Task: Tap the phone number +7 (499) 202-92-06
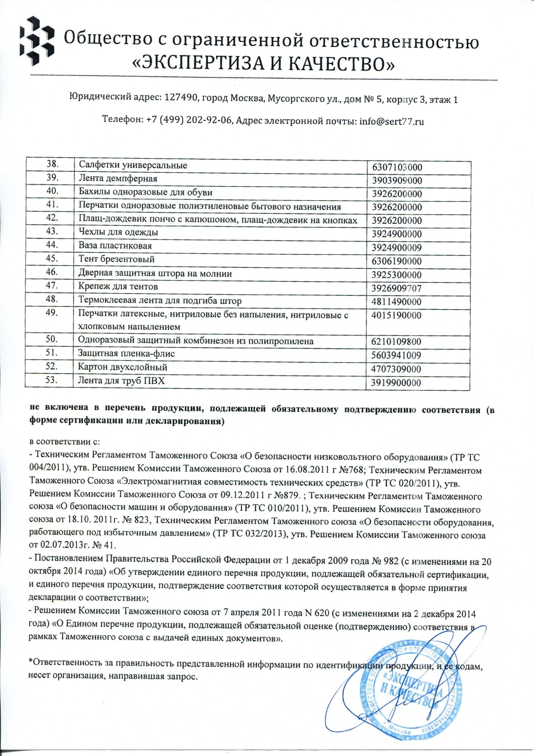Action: click(x=189, y=122)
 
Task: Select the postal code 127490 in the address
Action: click(x=180, y=99)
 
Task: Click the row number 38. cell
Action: click(x=53, y=164)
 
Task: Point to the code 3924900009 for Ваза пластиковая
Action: click(x=397, y=248)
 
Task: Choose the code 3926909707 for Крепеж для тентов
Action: click(x=397, y=288)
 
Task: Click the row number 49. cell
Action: click(x=53, y=313)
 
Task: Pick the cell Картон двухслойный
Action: click(x=123, y=367)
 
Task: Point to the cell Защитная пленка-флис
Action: click(x=126, y=354)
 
